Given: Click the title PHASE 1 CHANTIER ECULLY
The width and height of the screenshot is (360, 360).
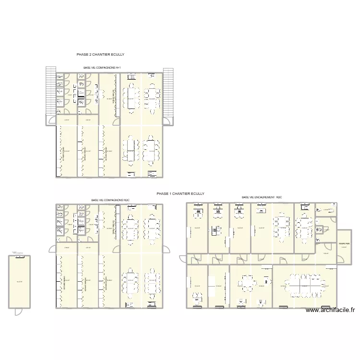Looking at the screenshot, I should click(x=180, y=193).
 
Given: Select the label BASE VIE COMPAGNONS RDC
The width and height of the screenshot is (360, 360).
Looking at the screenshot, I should click(x=110, y=200).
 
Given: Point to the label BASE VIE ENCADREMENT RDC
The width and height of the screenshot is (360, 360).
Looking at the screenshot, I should click(x=262, y=197).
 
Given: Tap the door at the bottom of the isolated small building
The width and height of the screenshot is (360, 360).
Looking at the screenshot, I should click(x=18, y=311).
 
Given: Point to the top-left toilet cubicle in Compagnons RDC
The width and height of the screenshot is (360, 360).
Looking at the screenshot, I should click(x=60, y=208).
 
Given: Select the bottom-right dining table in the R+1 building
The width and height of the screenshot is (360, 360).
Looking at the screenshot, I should click(x=152, y=150).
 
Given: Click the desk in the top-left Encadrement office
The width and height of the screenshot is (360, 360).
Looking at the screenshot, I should click(x=197, y=210).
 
